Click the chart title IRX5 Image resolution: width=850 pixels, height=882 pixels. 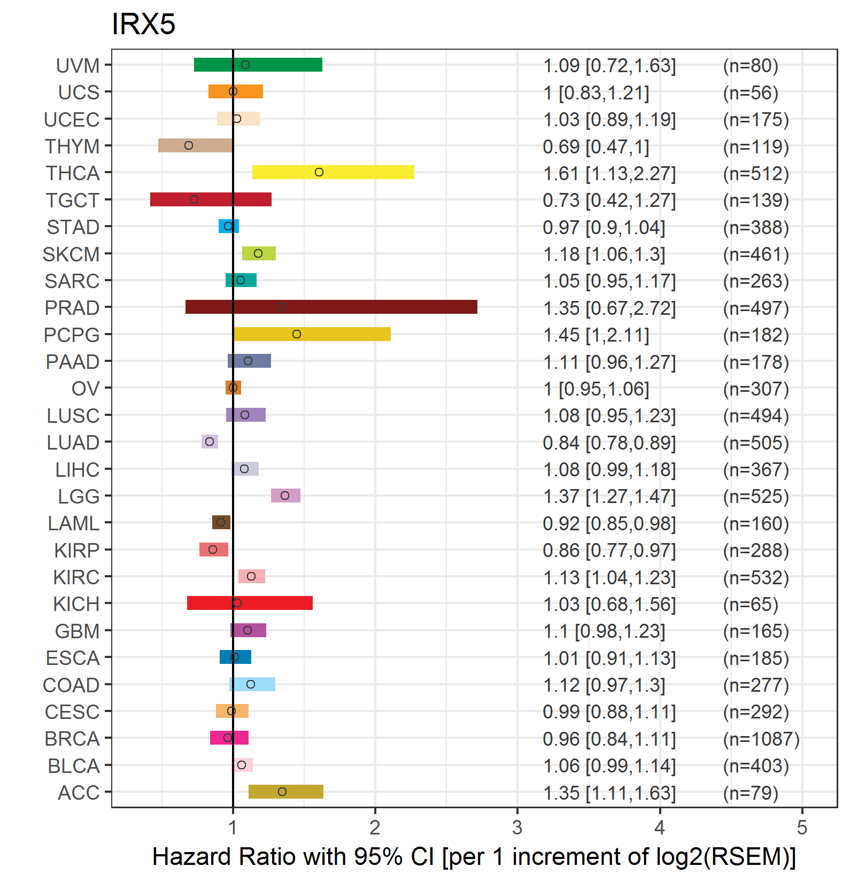143,24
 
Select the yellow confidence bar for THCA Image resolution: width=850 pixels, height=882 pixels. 333,172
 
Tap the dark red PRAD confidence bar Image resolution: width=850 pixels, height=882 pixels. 331,307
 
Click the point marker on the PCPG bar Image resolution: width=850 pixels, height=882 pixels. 297,334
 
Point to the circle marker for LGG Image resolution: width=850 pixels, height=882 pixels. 285,496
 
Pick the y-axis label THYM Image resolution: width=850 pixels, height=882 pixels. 72,146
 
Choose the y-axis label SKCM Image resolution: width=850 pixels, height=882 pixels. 71,254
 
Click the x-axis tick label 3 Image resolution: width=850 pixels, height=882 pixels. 517,827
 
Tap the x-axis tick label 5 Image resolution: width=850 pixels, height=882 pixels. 802,827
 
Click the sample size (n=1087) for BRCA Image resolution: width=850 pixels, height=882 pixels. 761,739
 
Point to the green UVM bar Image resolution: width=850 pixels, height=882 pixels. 258,65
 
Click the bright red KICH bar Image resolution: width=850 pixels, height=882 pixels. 250,603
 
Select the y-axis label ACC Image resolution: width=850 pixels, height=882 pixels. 79,793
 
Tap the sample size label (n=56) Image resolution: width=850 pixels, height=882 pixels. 751,93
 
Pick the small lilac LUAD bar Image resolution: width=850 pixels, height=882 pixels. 210,442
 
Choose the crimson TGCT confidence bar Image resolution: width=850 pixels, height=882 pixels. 211,199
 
